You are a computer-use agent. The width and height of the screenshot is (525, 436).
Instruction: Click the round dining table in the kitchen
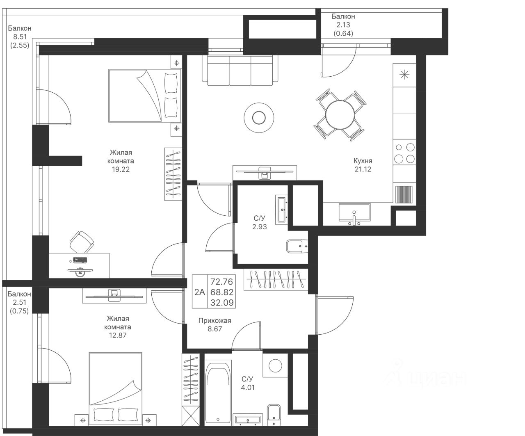point(340,115)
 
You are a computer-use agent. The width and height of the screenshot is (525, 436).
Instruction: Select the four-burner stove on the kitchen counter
point(404,153)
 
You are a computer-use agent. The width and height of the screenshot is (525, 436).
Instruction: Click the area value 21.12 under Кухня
point(363,169)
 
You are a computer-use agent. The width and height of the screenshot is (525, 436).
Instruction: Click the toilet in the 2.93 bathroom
point(297,246)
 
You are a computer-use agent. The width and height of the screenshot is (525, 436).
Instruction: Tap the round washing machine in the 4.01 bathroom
point(275,365)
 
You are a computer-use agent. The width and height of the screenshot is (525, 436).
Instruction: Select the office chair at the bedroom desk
point(82,242)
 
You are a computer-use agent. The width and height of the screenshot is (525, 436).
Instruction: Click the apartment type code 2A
point(200,292)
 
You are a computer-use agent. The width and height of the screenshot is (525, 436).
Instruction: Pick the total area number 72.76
point(222,282)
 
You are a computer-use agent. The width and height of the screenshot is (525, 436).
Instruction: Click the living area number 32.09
point(222,302)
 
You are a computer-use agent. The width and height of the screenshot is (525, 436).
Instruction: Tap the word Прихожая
point(215,321)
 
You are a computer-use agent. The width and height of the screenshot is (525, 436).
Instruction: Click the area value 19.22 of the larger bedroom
point(121,169)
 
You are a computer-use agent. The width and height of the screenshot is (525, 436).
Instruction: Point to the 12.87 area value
point(118,336)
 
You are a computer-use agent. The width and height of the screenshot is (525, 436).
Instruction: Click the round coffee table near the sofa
point(259,117)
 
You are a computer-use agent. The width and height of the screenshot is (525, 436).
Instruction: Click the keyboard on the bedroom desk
point(80,260)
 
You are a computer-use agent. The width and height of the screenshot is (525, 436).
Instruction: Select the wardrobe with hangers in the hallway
point(276,279)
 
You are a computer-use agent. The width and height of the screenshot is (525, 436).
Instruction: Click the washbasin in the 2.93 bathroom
point(281,210)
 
